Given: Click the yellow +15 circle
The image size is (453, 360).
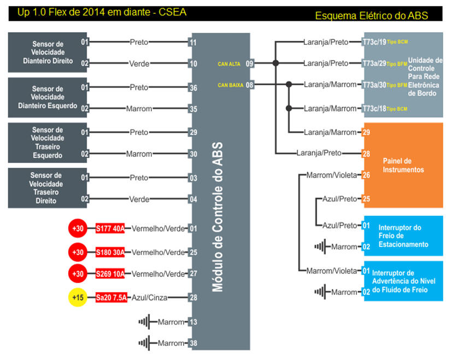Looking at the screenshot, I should point(78,298).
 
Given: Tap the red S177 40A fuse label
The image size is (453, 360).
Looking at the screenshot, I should point(110,228).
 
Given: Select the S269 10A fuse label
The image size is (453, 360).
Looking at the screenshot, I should point(110,274).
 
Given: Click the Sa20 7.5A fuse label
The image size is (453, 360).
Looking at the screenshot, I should point(111,298).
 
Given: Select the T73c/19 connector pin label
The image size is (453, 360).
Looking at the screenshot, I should point(374,42).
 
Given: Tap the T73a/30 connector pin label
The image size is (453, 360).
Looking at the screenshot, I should point(374,85).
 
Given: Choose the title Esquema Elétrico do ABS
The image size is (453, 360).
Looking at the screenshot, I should point(372,16).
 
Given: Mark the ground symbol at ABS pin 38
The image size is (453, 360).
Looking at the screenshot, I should point(145,343).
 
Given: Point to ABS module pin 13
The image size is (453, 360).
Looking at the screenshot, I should point(193,322).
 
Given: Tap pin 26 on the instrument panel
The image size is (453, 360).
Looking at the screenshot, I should point(367,175).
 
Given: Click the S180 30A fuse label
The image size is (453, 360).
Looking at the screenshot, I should point(110,252).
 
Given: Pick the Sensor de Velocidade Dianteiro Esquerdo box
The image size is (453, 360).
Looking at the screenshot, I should point(46,97).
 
